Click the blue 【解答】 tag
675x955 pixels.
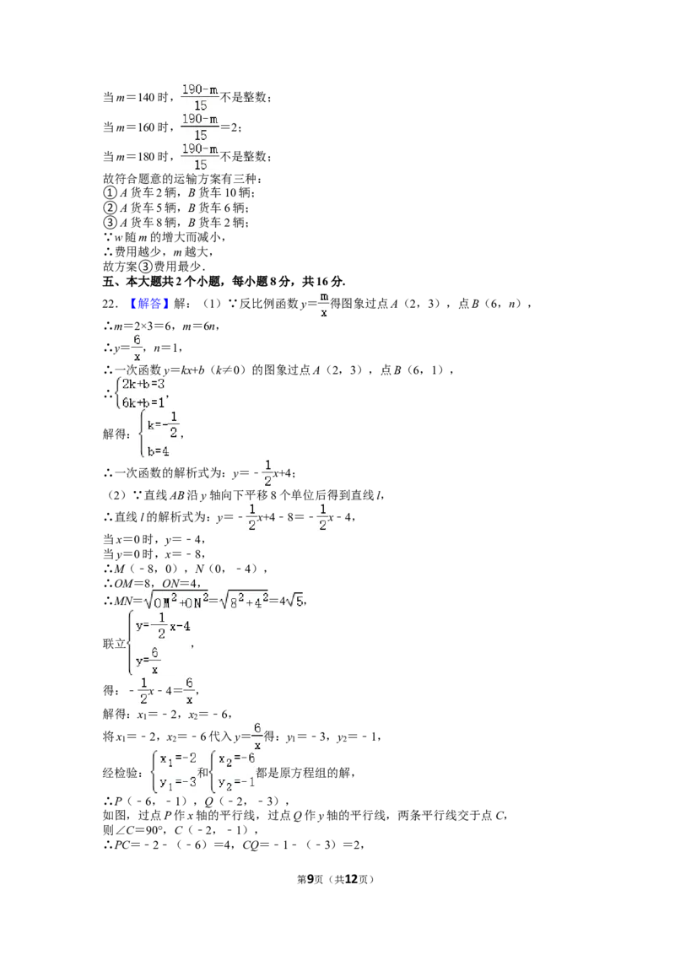(x=146, y=304)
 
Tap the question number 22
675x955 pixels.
(x=110, y=304)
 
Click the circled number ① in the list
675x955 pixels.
(x=110, y=192)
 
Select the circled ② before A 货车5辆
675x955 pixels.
(x=110, y=208)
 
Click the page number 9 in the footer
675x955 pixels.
(x=310, y=879)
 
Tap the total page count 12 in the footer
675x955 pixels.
(x=351, y=879)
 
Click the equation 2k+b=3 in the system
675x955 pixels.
(x=143, y=385)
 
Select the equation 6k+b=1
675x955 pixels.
(x=143, y=402)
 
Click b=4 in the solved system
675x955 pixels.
(x=158, y=451)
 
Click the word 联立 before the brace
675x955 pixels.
(x=114, y=644)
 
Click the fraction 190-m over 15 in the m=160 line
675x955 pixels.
(x=201, y=127)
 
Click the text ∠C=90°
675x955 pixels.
(x=140, y=830)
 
